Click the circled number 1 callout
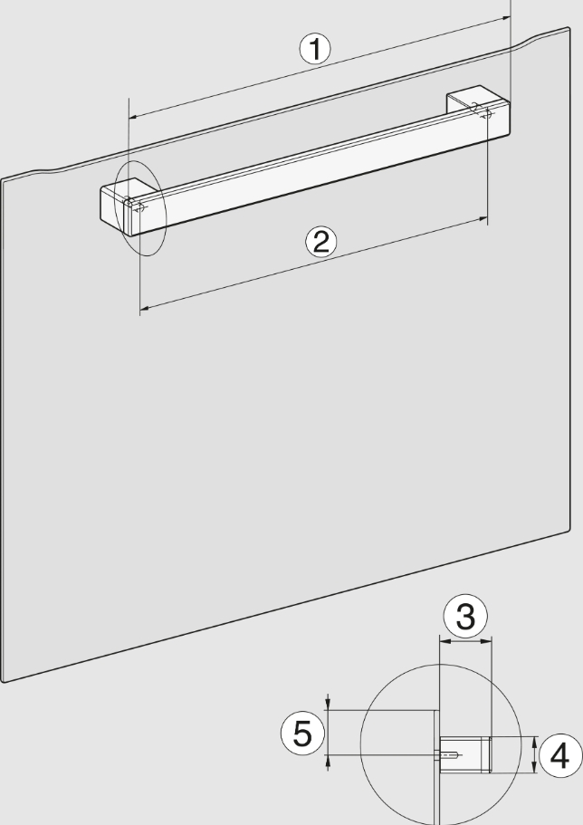tap(315, 49)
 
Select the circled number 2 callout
tap(321, 242)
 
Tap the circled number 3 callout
tap(465, 616)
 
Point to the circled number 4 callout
tap(559, 755)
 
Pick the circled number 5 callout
tap(302, 734)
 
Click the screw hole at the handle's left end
tap(139, 207)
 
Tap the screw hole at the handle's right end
tap(486, 112)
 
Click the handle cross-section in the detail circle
tap(465, 754)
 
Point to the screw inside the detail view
tap(451, 755)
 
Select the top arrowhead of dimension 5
tap(328, 705)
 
